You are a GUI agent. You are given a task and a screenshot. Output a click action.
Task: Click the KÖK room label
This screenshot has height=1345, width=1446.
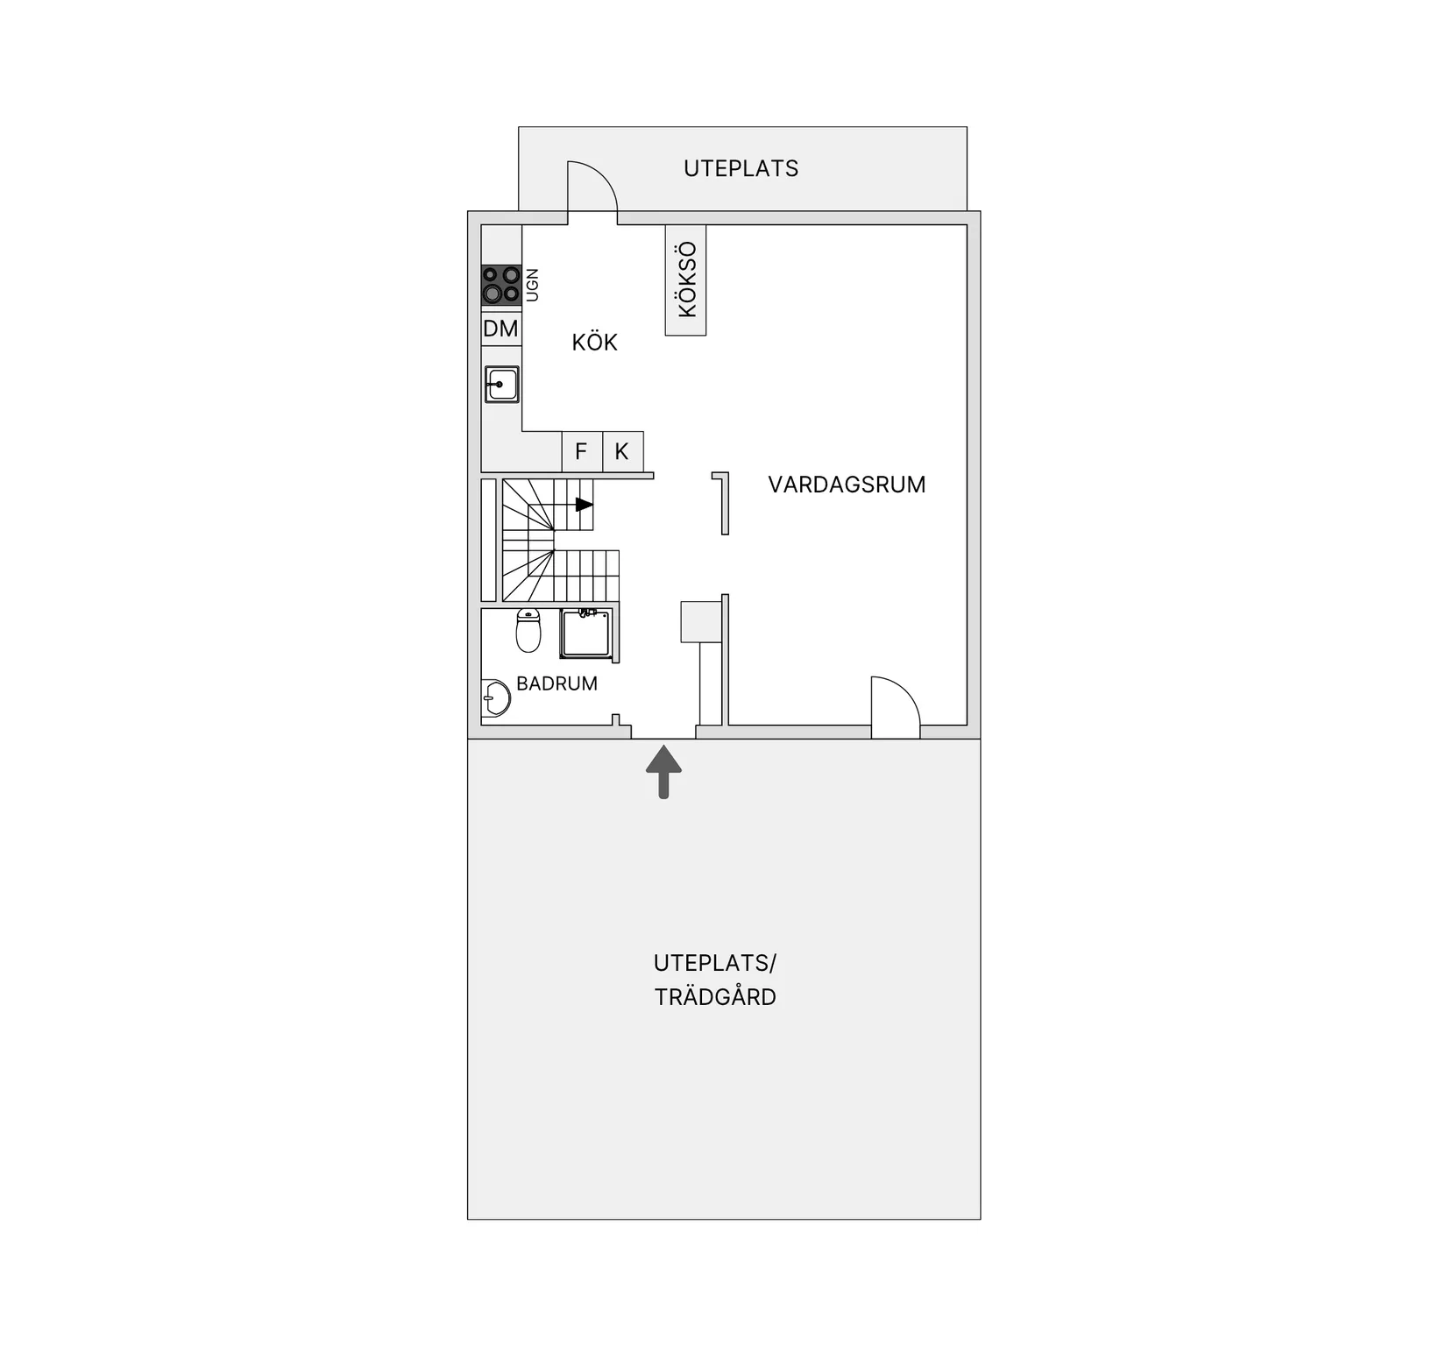594,342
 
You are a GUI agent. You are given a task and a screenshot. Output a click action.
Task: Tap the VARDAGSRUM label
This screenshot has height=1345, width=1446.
847,485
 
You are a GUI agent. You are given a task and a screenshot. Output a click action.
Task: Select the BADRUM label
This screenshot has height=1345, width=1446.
556,683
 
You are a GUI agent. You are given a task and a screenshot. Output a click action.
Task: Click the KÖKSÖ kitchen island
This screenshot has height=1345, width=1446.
685,280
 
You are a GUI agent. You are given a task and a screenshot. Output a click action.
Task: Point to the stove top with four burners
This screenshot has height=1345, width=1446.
501,285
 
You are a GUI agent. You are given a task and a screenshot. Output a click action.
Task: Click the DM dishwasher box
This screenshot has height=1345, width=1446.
501,329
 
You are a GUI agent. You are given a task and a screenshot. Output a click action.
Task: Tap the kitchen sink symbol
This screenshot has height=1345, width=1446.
502,385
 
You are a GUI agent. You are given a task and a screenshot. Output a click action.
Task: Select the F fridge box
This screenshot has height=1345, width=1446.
582,451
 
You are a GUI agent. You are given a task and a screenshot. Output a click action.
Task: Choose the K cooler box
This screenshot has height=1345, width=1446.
623,451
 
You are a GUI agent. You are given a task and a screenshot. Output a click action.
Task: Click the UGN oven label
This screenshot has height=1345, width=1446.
532,285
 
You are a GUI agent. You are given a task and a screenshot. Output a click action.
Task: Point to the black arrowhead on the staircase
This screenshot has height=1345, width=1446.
585,505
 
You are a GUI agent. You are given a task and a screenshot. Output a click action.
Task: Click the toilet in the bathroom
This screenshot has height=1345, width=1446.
528,630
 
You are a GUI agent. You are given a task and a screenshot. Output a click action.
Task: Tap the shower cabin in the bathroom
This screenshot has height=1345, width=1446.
586,634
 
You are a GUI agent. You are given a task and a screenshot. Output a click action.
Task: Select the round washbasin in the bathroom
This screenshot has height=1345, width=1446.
496,698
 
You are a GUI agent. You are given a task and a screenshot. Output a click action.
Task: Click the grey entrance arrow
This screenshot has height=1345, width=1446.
663,772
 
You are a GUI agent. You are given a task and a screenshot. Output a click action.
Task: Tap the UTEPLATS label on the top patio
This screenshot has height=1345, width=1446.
741,168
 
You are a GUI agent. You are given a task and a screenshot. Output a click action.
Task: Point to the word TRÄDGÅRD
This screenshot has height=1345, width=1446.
715,997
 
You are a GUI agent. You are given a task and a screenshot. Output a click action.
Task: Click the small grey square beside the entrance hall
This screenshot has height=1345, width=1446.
701,621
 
